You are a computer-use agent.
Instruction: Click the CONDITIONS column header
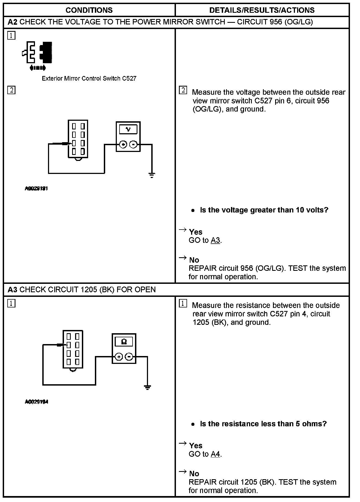89,10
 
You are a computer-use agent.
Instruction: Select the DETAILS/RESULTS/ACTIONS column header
262,10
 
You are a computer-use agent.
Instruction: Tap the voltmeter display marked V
128,129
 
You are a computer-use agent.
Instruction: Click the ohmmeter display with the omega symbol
124,342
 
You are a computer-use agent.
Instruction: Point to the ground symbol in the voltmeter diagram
152,175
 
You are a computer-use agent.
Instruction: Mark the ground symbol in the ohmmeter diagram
147,387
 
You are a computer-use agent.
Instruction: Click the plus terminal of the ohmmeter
119,357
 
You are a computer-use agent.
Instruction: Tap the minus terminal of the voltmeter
133,145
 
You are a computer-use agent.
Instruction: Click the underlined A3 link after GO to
216,240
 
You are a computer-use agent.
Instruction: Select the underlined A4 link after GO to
216,454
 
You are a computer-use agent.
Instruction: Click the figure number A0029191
36,188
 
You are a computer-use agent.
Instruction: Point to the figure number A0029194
36,402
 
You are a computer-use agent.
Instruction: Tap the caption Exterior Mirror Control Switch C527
89,78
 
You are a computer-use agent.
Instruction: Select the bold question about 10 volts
264,210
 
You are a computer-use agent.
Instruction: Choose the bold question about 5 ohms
263,424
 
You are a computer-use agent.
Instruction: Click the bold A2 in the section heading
12,22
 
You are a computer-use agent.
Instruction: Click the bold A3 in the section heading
12,290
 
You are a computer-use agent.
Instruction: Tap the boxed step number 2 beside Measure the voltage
183,90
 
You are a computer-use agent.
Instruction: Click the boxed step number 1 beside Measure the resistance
183,304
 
